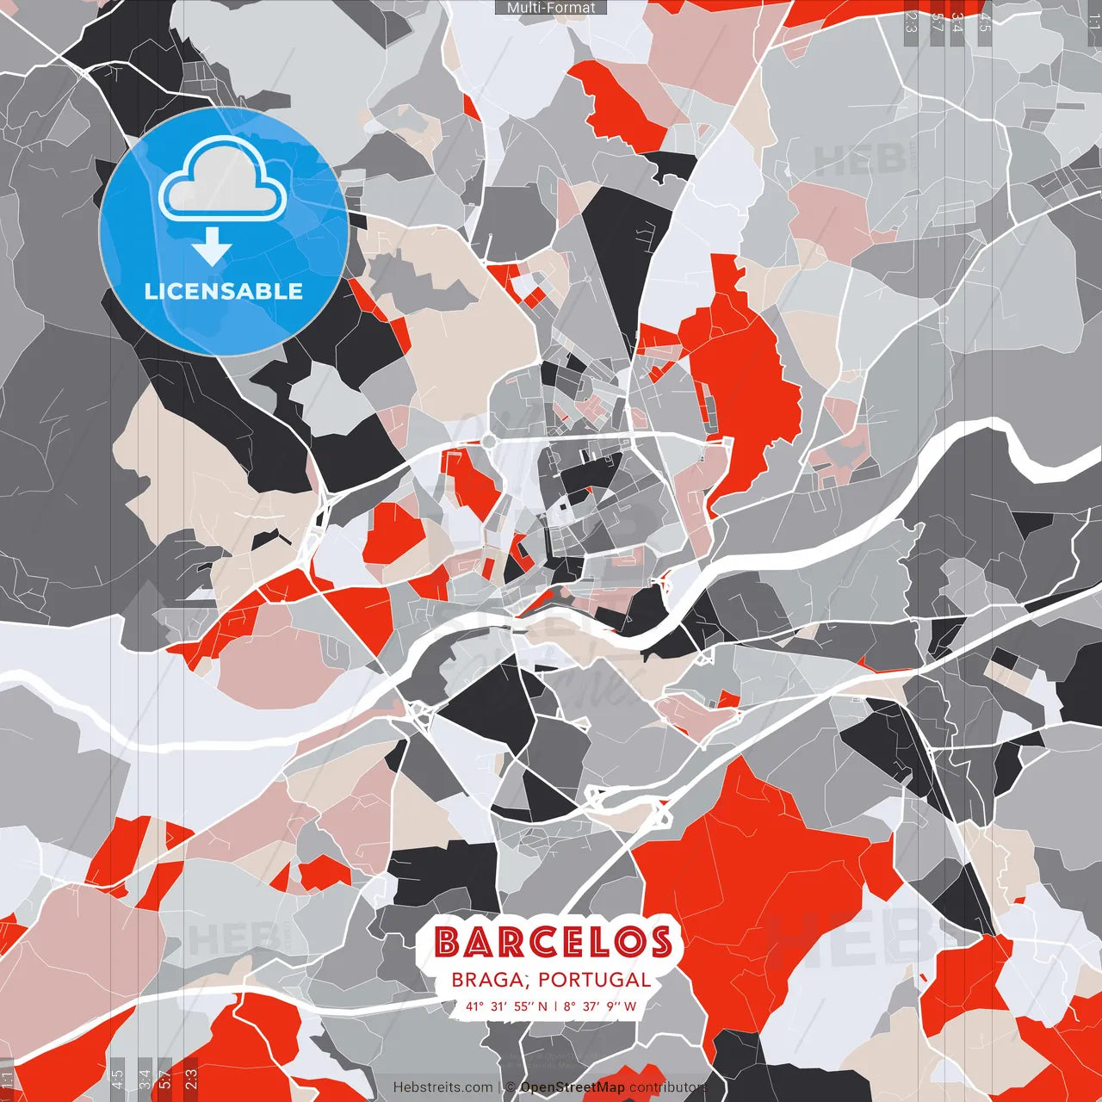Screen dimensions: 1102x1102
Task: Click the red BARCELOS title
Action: pos(553,943)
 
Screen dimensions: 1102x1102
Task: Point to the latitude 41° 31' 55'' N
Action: pos(505,1006)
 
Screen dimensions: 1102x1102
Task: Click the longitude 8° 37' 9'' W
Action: pos(601,1006)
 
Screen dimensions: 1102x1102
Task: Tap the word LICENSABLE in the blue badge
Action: pos(224,291)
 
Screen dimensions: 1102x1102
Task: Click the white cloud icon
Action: pos(223,178)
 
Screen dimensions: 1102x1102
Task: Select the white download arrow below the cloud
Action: pos(211,249)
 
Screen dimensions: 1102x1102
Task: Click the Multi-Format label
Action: pos(551,8)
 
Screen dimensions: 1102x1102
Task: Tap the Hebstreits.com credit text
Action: pos(443,1087)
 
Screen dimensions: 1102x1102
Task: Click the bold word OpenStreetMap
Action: pos(573,1087)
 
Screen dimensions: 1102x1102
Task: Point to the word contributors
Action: pos(668,1087)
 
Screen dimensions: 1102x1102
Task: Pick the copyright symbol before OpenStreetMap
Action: pos(510,1087)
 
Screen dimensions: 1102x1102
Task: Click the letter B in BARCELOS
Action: pos(448,943)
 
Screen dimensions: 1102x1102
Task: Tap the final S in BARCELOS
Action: pos(659,943)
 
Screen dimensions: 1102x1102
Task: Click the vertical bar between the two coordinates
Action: pos(556,1006)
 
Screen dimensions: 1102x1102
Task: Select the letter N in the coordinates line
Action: pos(543,1006)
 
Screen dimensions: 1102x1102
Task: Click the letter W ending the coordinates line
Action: pos(631,1006)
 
